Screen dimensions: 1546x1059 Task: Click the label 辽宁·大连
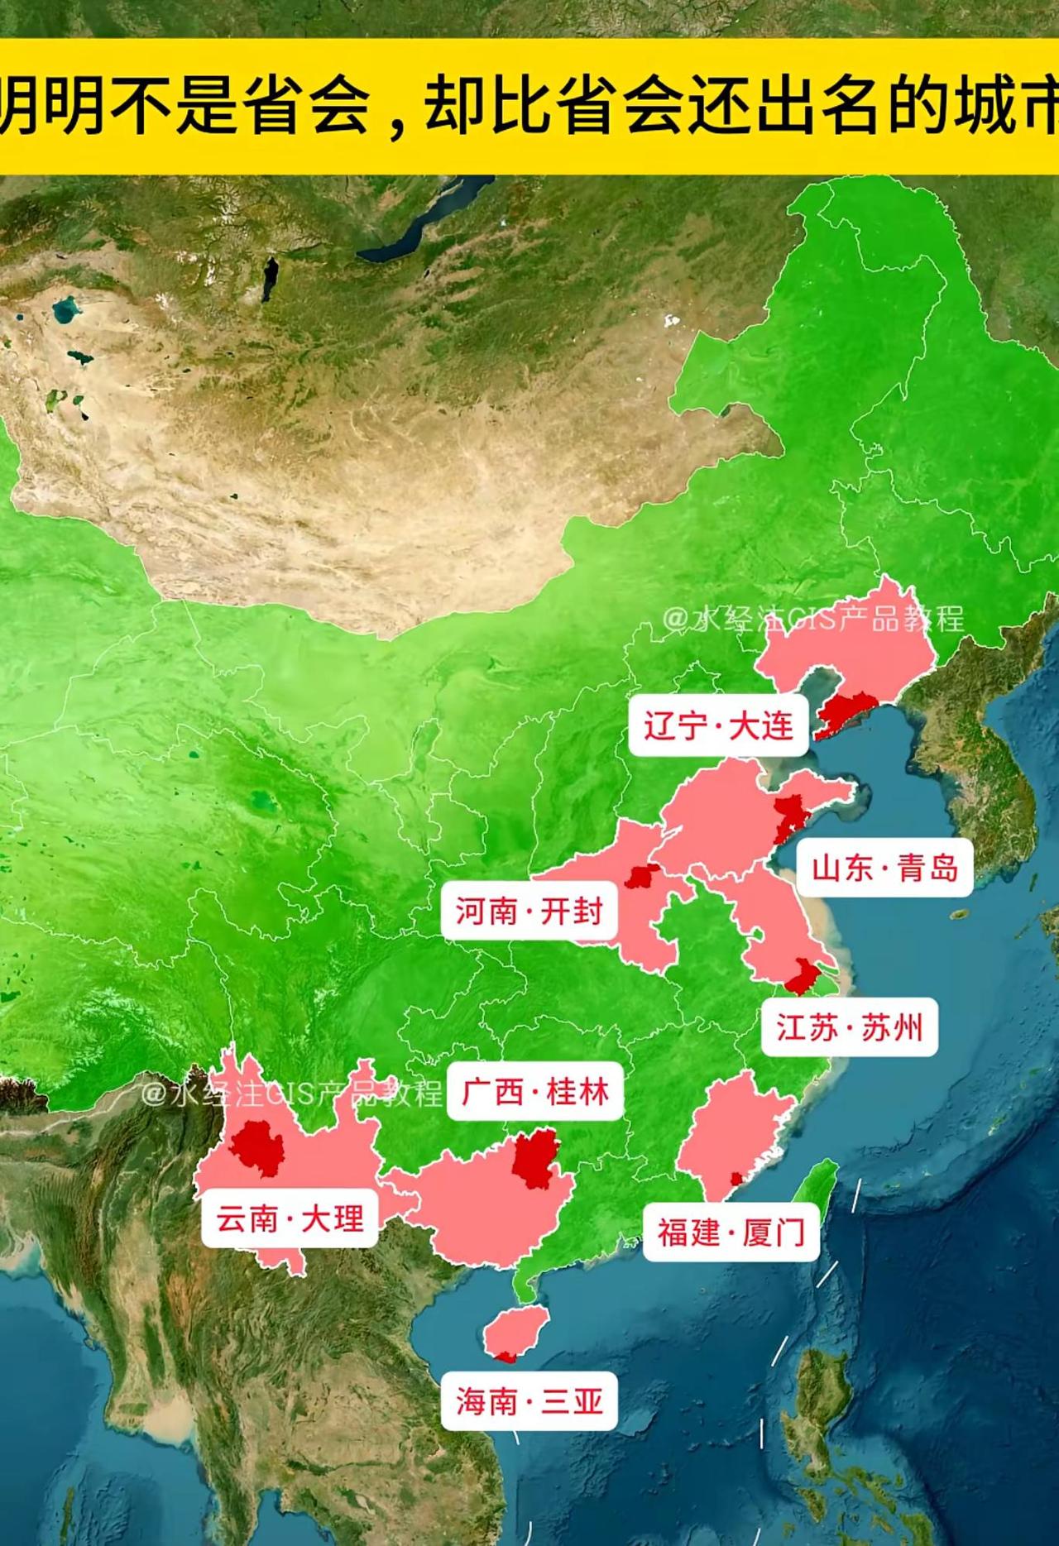coord(718,726)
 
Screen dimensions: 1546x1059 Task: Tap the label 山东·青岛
coord(884,869)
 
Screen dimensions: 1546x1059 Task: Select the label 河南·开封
coord(529,912)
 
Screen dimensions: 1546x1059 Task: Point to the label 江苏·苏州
coord(849,1027)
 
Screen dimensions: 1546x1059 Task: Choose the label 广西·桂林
coord(535,1092)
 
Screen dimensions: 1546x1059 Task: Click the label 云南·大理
coord(290,1218)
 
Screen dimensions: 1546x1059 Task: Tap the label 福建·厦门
coord(731,1232)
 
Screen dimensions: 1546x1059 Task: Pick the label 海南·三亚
coord(529,1401)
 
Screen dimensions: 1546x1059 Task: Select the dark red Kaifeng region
coord(641,876)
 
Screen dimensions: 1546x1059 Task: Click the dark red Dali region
coord(257,1148)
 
